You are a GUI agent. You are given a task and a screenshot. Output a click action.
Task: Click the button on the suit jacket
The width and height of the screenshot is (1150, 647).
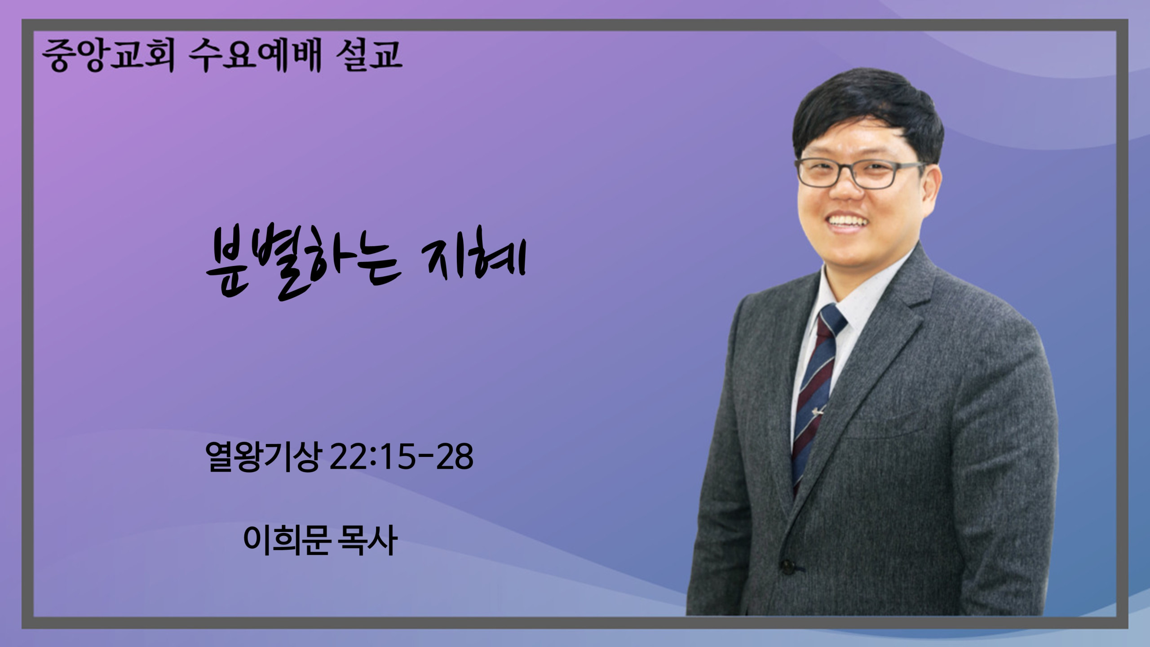tap(788, 567)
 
